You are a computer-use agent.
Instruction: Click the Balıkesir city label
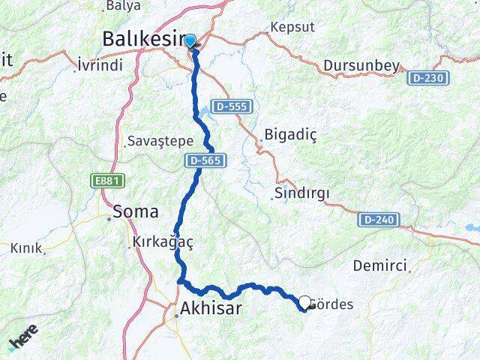142,37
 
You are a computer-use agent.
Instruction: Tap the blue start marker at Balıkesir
190,40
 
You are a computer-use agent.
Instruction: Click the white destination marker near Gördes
304,303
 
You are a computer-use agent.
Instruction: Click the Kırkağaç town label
162,241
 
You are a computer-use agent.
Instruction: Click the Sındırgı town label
301,193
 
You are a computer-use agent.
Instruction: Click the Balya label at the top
124,5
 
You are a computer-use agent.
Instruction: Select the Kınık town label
25,247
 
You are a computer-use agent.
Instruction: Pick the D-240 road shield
376,219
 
